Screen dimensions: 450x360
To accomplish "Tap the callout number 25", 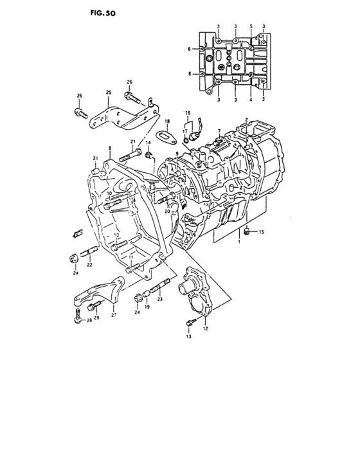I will tap(109, 92).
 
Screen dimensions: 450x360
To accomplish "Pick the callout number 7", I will tap(219, 130).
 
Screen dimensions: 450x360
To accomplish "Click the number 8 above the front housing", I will tap(110, 148).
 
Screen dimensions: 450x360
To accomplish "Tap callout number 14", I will tap(147, 143).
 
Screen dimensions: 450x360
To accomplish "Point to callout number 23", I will tap(159, 298).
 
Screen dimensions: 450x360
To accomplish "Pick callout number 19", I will tap(147, 307).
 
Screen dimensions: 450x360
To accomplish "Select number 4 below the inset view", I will tap(250, 100).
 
